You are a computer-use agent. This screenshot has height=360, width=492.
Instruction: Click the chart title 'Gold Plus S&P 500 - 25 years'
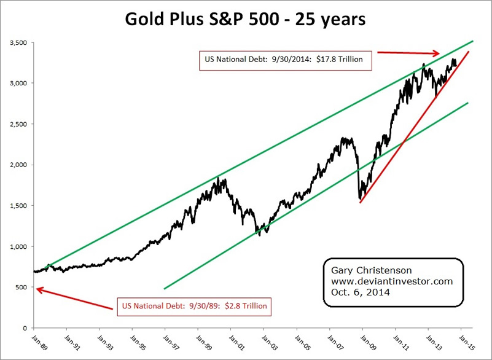246,19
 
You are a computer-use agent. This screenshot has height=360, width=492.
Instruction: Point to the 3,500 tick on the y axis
18,42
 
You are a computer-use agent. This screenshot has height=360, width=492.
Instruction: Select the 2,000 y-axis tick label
18,165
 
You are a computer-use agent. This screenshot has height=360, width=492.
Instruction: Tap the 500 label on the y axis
21,287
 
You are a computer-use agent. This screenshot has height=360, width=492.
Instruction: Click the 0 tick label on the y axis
25,328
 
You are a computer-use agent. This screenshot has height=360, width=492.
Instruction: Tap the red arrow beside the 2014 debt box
408,53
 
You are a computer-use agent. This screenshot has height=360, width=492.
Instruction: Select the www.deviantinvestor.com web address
388,281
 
